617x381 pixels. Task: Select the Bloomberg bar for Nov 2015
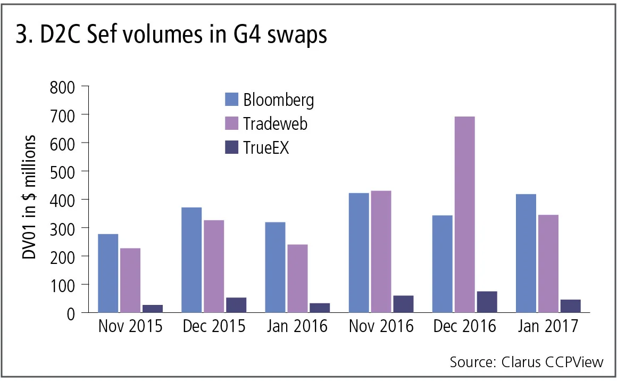pos(108,273)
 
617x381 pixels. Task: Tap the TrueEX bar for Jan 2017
pos(570,306)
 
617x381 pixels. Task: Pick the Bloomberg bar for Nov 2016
pos(358,253)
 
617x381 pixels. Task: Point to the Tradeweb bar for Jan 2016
pos(297,278)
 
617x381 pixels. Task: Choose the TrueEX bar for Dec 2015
pos(236,305)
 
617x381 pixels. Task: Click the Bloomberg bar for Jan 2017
pos(526,253)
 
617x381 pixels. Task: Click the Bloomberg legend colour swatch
pos(231,100)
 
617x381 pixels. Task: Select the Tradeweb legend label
pos(276,123)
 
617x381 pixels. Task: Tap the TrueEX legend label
pos(266,147)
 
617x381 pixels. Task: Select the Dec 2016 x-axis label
pos(465,326)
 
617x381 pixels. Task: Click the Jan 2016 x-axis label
pos(297,326)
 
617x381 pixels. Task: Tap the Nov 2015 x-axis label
pos(130,326)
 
